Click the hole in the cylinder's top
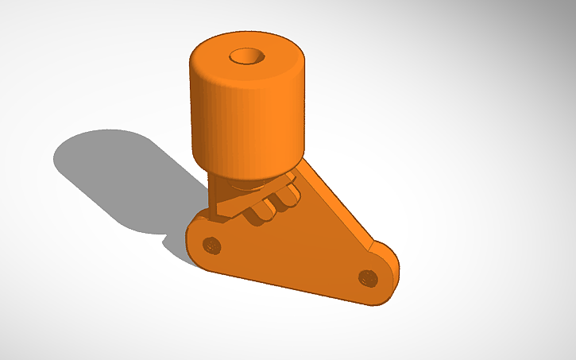pos(247,57)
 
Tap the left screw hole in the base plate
pos(211,244)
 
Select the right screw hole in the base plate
pos(366,277)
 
